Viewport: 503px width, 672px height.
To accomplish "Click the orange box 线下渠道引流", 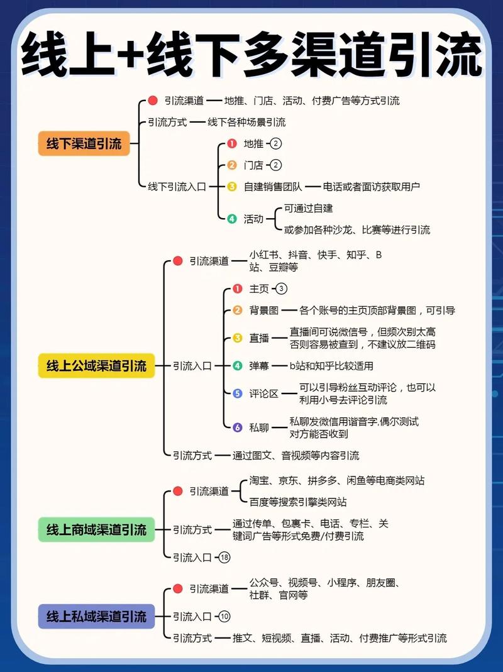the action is tap(84, 143).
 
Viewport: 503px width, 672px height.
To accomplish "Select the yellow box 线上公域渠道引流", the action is tap(96, 366).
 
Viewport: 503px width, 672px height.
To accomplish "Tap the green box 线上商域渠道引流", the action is tap(96, 530).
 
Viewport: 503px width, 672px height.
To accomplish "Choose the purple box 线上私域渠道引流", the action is tap(96, 616).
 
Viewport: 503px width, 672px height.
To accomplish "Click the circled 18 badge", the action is tap(224, 557).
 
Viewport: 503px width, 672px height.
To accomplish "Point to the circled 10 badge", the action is tap(224, 616).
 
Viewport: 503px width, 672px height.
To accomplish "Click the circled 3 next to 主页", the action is tap(281, 289).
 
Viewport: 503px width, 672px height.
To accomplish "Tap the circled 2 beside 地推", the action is tap(276, 143).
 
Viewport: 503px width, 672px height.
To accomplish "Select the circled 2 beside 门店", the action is tap(276, 165).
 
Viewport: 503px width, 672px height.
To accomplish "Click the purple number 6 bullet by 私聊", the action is tap(238, 427).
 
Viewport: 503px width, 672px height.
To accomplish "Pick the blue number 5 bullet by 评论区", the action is tap(238, 394).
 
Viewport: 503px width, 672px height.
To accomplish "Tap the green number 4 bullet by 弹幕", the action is tap(238, 366).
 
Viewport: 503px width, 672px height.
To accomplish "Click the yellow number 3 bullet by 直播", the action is tap(238, 338).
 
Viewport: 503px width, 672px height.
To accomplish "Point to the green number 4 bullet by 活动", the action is tap(232, 219).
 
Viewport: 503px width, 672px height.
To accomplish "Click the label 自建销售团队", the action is tap(273, 187).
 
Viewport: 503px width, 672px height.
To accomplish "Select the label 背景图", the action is tap(263, 311).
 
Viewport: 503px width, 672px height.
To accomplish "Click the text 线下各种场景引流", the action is tap(246, 122).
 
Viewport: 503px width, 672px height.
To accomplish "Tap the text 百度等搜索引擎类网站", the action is tap(298, 502).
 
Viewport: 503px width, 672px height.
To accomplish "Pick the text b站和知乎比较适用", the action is tap(331, 366).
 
